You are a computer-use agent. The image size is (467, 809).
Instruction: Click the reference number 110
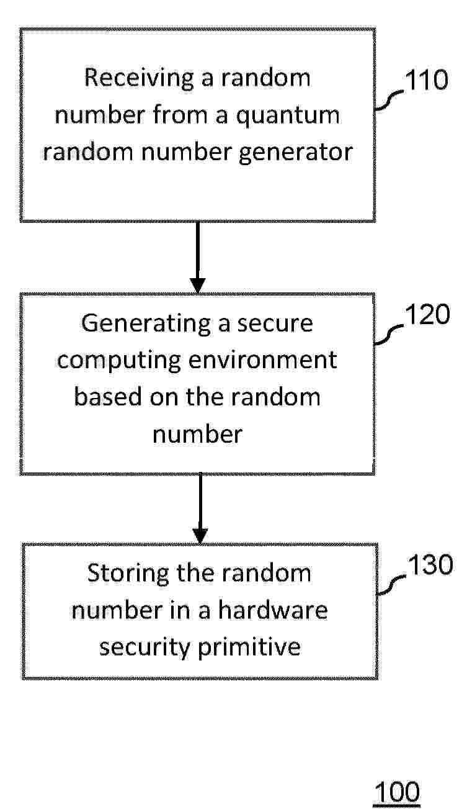[x=427, y=80]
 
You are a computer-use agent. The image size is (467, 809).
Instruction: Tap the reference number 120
[x=428, y=314]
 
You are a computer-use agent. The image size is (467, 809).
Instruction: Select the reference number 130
[x=430, y=564]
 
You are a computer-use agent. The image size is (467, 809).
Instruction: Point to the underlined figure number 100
[x=397, y=792]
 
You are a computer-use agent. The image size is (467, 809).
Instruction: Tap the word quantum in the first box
[x=288, y=115]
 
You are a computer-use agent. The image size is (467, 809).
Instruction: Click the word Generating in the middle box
[x=146, y=323]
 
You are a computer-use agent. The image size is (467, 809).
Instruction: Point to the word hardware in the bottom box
[x=273, y=610]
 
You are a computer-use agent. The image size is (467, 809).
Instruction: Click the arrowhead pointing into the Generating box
[x=198, y=286]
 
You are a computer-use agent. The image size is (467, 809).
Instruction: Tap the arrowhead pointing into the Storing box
[x=200, y=536]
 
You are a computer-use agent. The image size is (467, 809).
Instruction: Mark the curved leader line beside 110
[x=389, y=99]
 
